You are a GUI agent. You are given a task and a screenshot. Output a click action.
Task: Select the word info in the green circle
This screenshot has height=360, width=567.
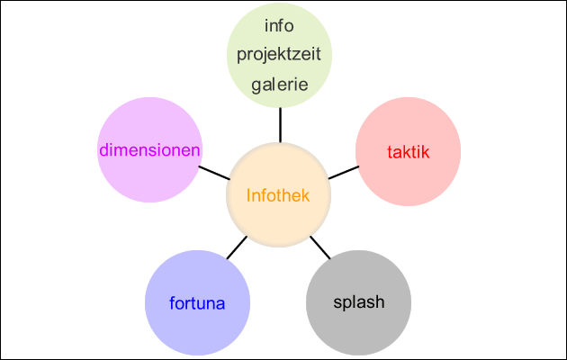coord(279,24)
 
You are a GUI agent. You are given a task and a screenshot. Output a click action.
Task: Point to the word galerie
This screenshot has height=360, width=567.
coord(279,85)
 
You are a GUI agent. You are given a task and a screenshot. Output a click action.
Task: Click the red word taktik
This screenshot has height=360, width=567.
coord(409,151)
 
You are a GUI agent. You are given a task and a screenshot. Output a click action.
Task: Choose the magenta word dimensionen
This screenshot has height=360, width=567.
coord(148,149)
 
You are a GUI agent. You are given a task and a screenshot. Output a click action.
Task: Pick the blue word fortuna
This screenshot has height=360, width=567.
coord(197,302)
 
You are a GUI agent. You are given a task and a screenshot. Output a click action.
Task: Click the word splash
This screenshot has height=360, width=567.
coord(358,301)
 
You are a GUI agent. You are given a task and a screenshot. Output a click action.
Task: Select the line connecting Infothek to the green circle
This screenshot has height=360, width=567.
coord(279,124)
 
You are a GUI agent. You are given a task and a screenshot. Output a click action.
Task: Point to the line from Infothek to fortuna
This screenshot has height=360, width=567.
coord(236,248)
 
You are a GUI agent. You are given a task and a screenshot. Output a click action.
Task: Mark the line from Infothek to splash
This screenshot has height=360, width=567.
coord(320,248)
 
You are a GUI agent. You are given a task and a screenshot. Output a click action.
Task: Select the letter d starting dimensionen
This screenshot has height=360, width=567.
coord(103,149)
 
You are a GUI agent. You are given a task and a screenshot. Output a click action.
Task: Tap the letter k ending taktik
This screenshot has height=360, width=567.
coord(427,151)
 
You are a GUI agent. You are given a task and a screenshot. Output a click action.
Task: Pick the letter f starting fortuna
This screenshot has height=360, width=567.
coord(172,302)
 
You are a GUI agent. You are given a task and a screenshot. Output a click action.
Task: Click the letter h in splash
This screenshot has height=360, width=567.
coord(380,301)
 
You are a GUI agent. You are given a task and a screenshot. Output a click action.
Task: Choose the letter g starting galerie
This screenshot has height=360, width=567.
coord(256,85)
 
